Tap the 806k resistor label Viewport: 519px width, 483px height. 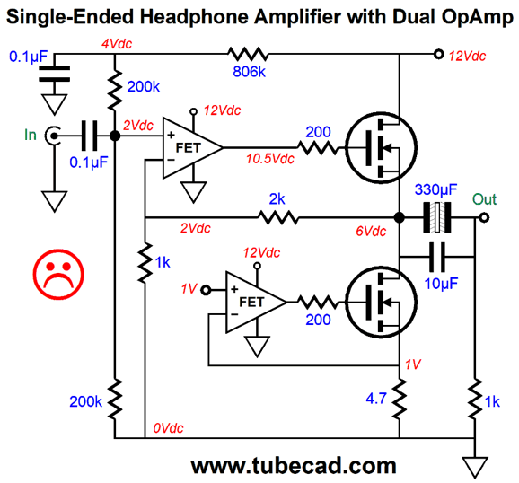pyautogui.click(x=250, y=72)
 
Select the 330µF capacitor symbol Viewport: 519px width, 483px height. pyautogui.click(x=437, y=217)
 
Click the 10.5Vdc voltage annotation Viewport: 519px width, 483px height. pyautogui.click(x=270, y=159)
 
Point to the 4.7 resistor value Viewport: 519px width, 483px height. pyautogui.click(x=376, y=399)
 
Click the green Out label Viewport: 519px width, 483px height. pyautogui.click(x=484, y=199)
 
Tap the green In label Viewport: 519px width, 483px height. pyautogui.click(x=31, y=135)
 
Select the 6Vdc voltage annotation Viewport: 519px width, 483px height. pyautogui.click(x=371, y=231)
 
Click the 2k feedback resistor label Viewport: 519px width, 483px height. pyautogui.click(x=277, y=199)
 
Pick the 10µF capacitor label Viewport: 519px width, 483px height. pyautogui.click(x=441, y=284)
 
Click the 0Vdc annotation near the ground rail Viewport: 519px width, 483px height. pyautogui.click(x=168, y=428)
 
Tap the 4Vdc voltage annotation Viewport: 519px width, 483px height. pyautogui.click(x=117, y=44)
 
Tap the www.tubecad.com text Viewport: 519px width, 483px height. pyautogui.click(x=294, y=466)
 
